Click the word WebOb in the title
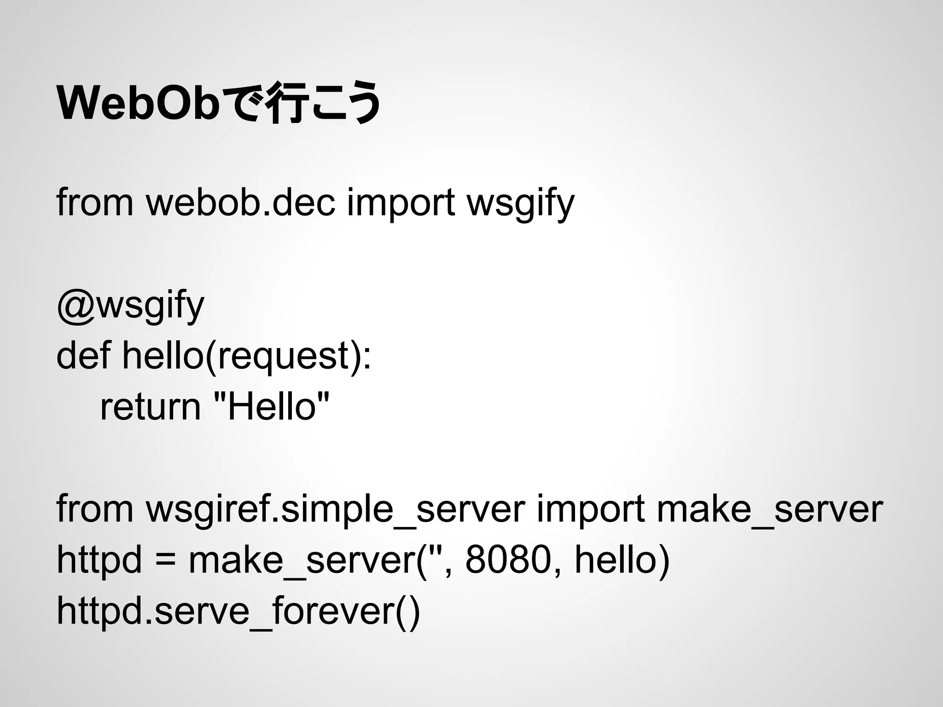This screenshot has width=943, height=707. (137, 104)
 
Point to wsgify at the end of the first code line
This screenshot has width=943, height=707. (521, 203)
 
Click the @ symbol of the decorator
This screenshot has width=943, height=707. (76, 306)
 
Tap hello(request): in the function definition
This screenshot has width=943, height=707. (246, 357)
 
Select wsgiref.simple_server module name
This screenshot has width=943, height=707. (336, 510)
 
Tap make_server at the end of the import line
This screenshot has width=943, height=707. (769, 510)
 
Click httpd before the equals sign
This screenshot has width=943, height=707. (99, 561)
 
